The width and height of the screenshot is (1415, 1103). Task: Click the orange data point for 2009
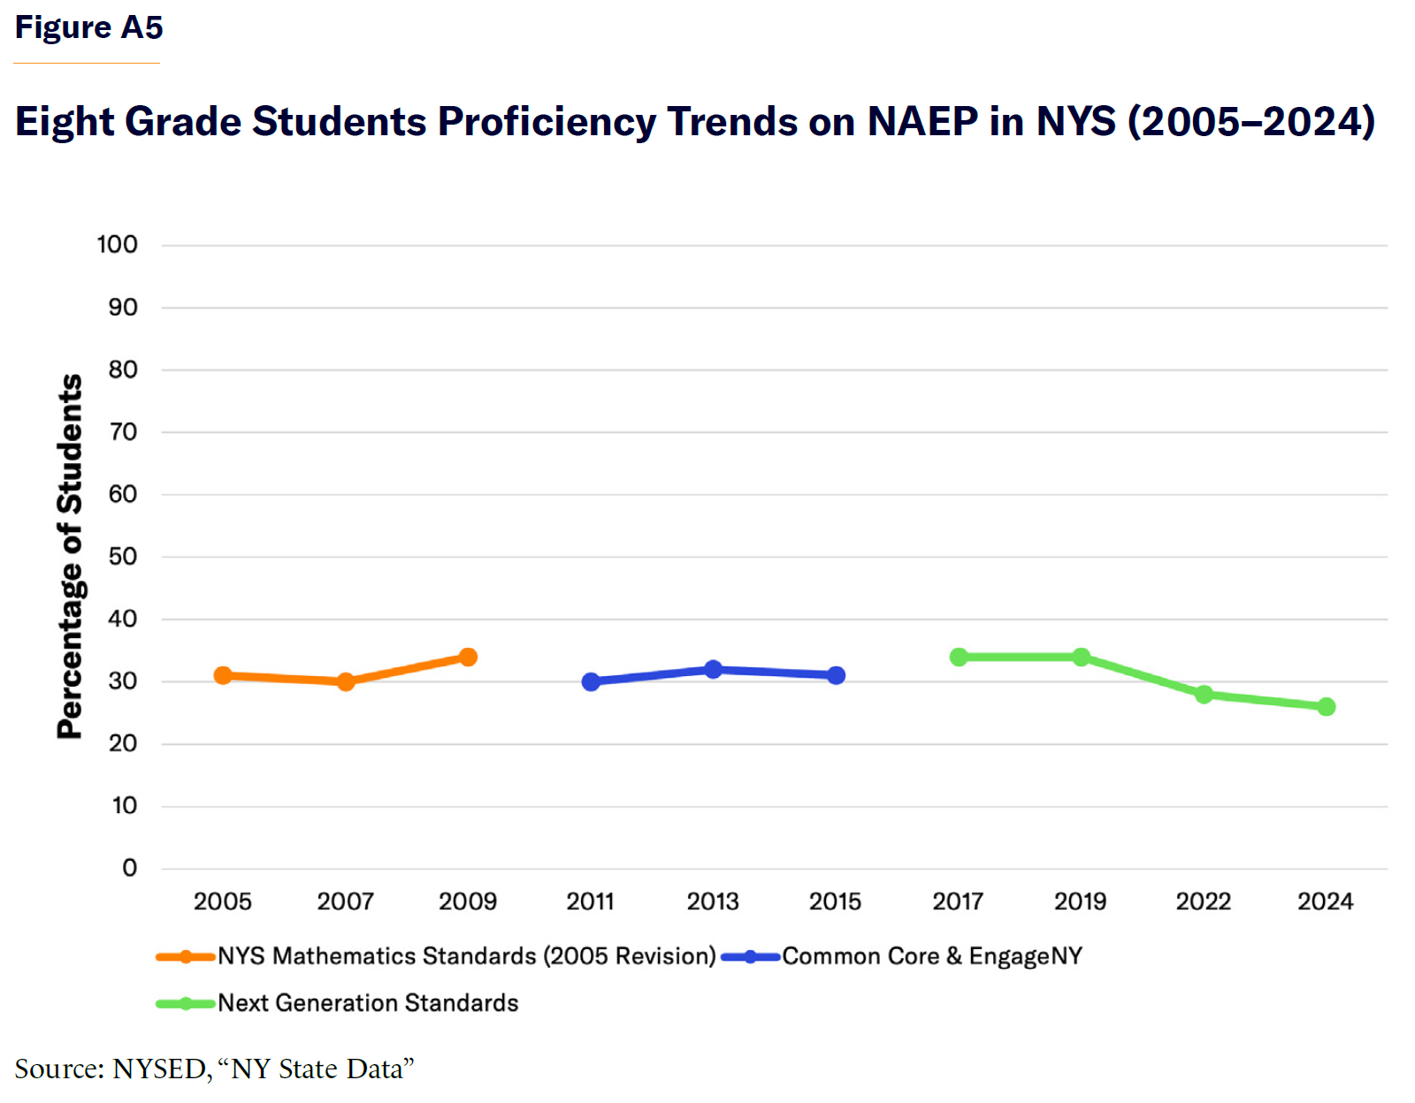tap(468, 657)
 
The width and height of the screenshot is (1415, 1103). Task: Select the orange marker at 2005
tap(223, 675)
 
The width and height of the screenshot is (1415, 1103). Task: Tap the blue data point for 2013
tap(713, 669)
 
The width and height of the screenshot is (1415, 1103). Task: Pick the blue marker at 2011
tap(591, 681)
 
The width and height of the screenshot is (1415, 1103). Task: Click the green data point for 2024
tap(1326, 706)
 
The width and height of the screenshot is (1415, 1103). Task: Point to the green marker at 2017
tap(959, 657)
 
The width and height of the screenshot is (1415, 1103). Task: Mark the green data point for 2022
tap(1203, 694)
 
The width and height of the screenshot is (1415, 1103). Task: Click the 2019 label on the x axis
tap(1080, 901)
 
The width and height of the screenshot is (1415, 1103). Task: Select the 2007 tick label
tap(345, 901)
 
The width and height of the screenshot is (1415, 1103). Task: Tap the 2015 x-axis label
tap(835, 901)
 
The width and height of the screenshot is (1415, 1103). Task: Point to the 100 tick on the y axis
tap(117, 245)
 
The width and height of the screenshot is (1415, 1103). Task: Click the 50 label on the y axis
tap(123, 557)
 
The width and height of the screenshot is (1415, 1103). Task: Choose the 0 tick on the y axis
tap(129, 868)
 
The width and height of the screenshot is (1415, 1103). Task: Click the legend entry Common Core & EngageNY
tap(931, 956)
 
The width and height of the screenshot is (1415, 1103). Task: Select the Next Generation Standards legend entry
tap(367, 1003)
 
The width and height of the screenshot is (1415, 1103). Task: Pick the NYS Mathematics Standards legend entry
tap(466, 956)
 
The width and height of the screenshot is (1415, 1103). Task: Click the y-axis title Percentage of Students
tap(70, 556)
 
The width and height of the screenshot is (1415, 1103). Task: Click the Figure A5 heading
tap(88, 27)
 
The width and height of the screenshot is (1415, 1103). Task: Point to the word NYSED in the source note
tap(159, 1069)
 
